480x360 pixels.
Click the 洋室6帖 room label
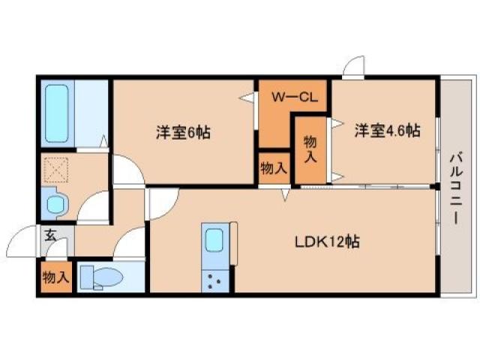coord(183,132)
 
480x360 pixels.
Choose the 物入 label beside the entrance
coord(55,277)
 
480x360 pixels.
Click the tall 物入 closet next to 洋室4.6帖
coord(310,148)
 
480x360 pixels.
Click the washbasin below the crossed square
coord(55,205)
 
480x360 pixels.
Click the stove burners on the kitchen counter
coord(214,281)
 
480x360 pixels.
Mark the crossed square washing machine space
coord(55,169)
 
